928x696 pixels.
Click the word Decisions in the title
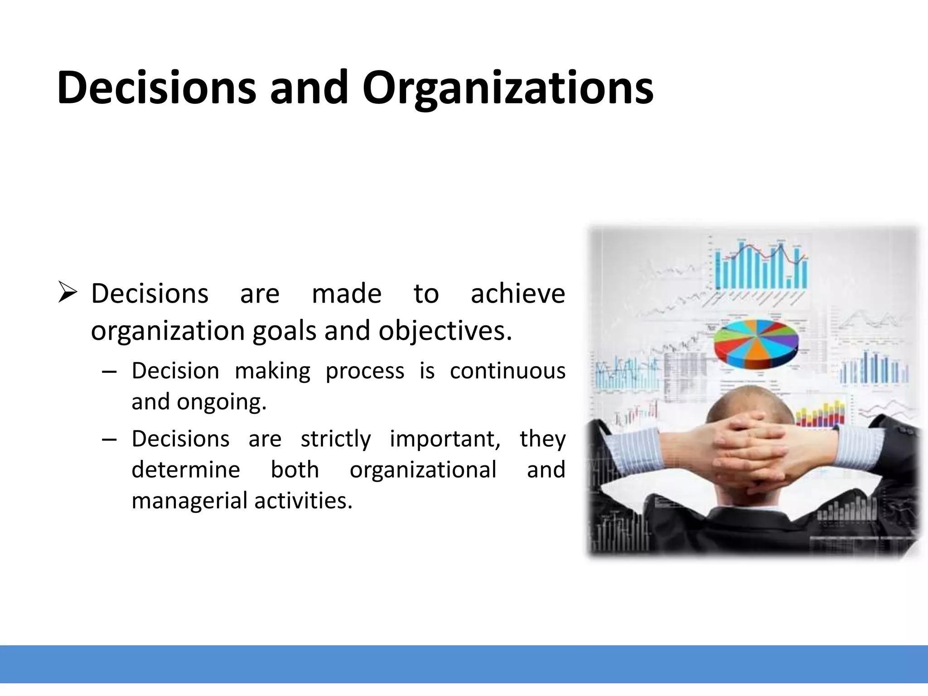(156, 88)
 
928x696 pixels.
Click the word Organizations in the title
(507, 88)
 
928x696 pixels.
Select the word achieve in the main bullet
(518, 294)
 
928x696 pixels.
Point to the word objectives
(445, 331)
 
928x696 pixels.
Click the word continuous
(507, 371)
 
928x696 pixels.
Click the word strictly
(336, 439)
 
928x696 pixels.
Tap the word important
(445, 439)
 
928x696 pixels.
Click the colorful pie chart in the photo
(755, 343)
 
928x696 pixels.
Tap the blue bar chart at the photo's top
(761, 267)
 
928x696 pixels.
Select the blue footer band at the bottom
(464, 664)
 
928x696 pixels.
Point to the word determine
(186, 469)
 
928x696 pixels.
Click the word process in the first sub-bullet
(365, 371)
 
